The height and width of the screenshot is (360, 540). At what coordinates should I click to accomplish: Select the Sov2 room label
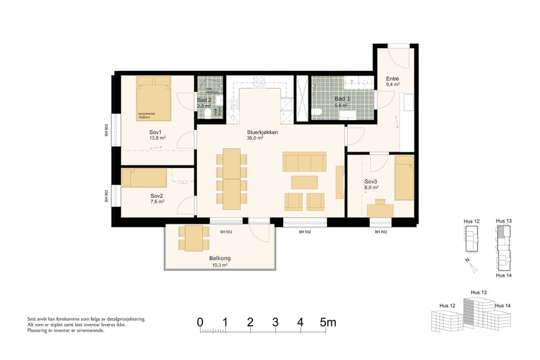(157, 196)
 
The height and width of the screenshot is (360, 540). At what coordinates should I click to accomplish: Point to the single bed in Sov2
(145, 178)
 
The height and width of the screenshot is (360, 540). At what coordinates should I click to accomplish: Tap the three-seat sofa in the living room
(304, 162)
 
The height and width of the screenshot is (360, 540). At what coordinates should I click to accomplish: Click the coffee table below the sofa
(304, 181)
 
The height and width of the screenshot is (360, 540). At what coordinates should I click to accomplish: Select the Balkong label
(220, 259)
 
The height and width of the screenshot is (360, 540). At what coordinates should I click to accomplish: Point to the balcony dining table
(193, 238)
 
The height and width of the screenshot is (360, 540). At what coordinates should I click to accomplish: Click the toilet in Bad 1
(319, 112)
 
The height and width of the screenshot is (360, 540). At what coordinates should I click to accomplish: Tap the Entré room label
(393, 79)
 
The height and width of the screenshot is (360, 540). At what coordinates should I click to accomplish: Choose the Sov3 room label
(371, 181)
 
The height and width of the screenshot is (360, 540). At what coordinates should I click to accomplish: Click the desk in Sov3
(379, 208)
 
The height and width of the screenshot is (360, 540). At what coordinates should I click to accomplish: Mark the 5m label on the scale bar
(328, 323)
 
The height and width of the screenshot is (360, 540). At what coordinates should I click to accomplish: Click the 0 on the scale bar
(200, 323)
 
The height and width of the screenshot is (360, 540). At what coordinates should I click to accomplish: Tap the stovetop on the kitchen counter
(259, 81)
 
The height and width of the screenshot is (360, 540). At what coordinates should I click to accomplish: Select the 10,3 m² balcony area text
(220, 265)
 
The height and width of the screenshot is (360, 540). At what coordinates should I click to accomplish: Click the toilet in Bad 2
(208, 112)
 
